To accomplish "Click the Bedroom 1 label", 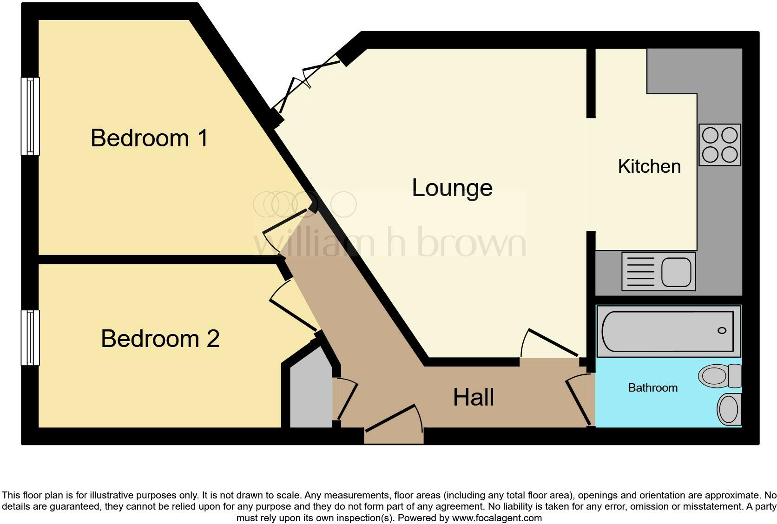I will pos(149,138).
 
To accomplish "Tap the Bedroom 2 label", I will pos(160,338).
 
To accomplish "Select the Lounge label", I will pos(452,188).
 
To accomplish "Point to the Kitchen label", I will pos(649,166).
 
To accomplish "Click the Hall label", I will pos(474,398).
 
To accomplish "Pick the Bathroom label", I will pos(652,387).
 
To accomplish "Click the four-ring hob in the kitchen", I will pos(719,144).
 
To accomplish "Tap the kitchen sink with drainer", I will pos(658,271).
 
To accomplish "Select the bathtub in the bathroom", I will pos(668,331).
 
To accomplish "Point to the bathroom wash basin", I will pos(729,409).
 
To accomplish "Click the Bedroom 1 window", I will pos(30,116).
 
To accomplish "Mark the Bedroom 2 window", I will pos(30,337).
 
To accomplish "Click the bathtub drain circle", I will pos(722,330).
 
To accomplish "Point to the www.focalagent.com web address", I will pos(497,517).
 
